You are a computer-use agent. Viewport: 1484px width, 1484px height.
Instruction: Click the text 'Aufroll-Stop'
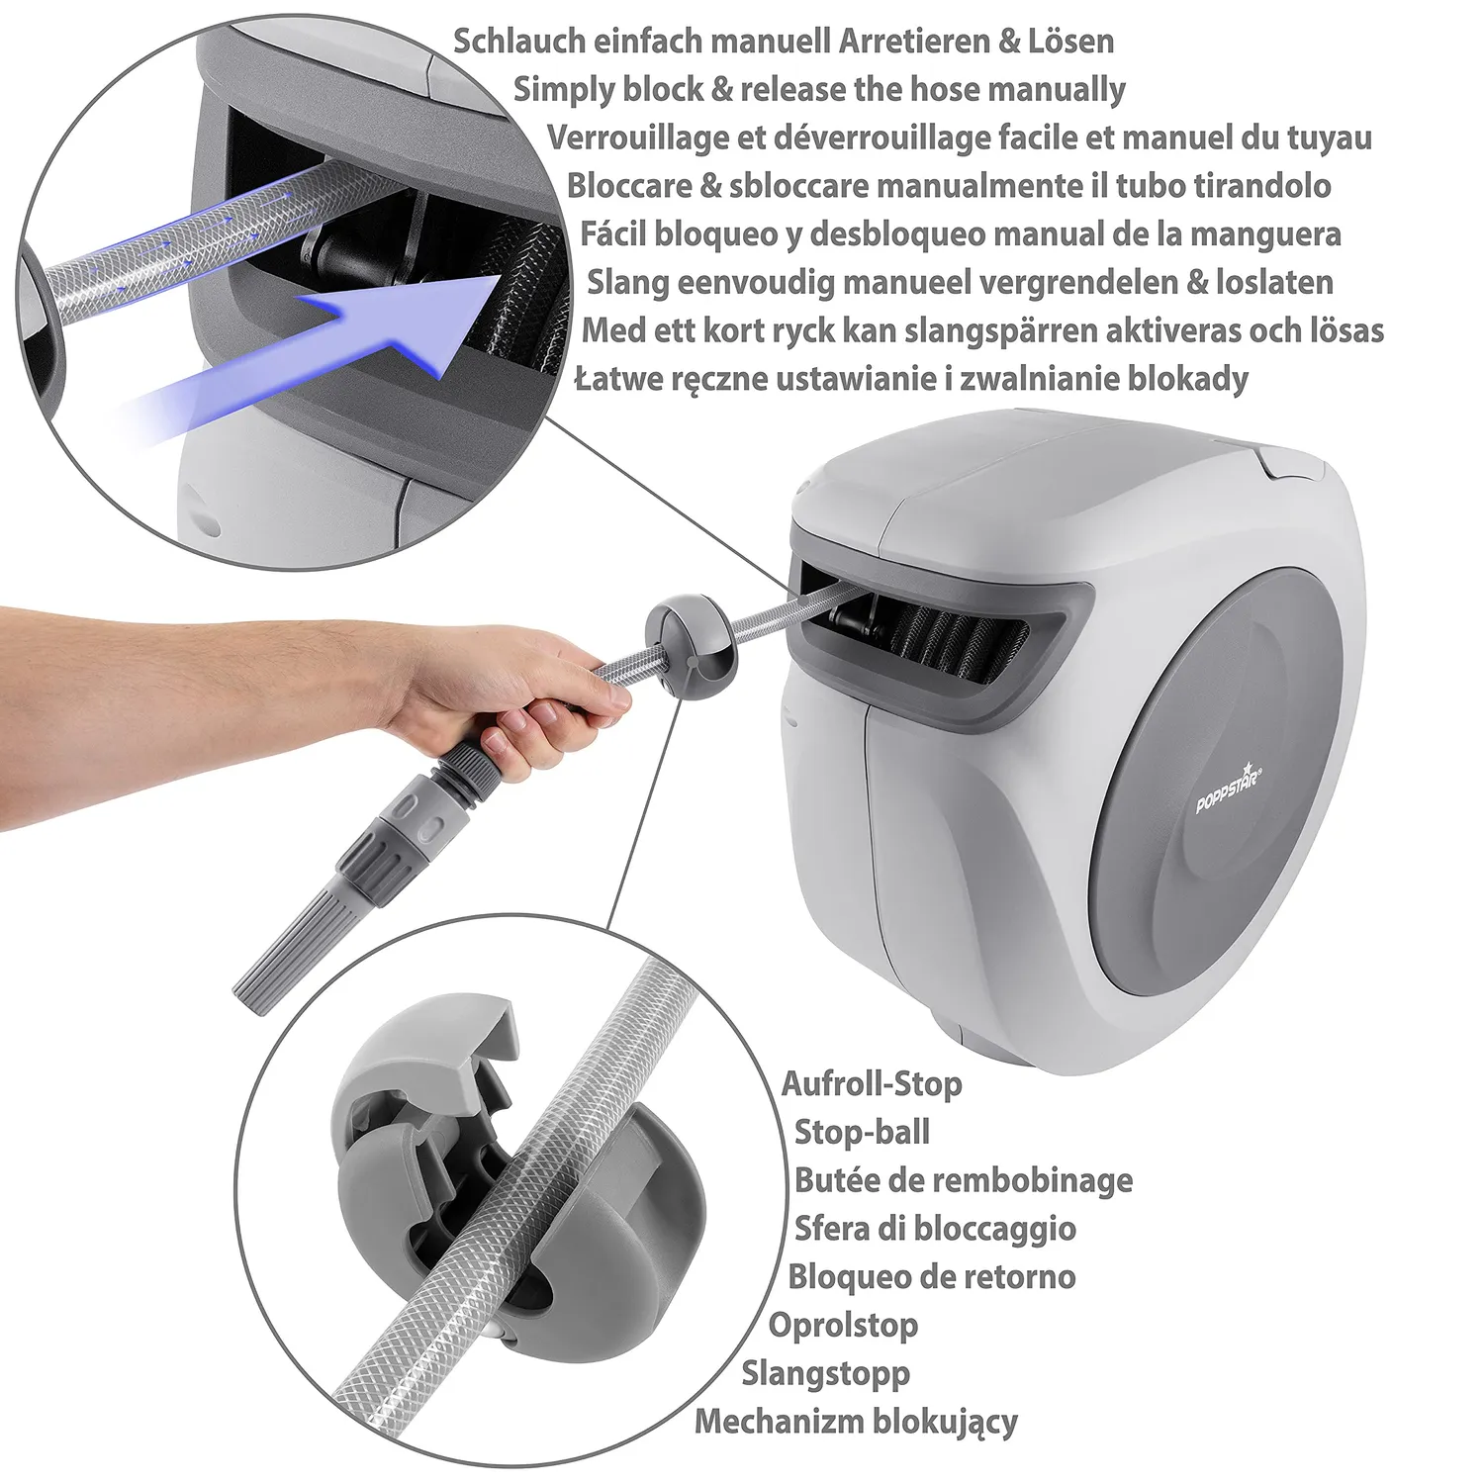[872, 1083]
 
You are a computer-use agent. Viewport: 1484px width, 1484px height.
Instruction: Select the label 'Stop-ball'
[862, 1132]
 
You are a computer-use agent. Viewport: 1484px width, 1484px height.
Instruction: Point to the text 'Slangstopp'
[826, 1373]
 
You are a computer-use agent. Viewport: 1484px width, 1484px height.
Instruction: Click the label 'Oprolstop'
[843, 1325]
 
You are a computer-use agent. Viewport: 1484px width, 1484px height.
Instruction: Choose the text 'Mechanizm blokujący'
[856, 1422]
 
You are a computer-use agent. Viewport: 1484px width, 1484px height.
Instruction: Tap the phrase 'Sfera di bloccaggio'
[935, 1228]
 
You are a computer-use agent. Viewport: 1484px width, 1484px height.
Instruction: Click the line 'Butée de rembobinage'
[964, 1180]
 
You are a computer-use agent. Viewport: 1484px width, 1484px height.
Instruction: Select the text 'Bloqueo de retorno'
[931, 1276]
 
